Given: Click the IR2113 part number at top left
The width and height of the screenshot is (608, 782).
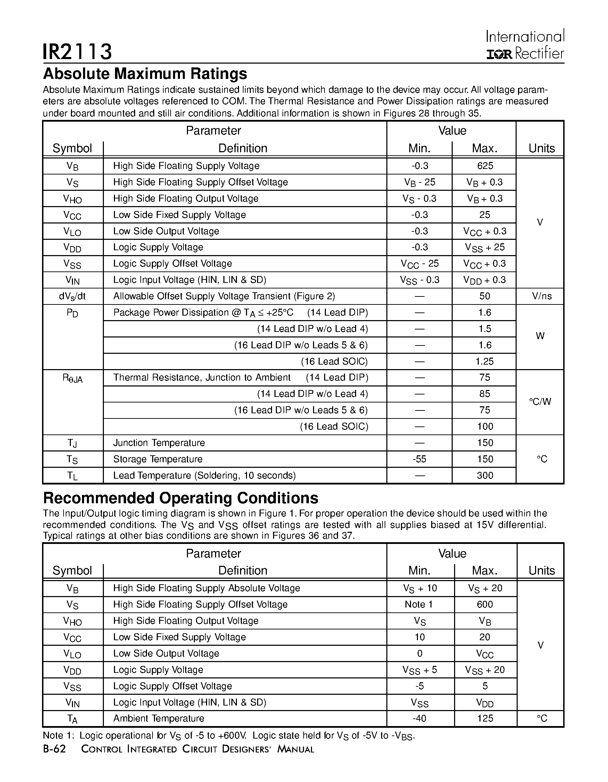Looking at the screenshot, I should point(77,51).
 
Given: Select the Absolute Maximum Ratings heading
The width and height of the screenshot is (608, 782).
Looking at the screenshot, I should point(145,74).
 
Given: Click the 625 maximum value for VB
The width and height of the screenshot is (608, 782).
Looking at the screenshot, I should point(485,166).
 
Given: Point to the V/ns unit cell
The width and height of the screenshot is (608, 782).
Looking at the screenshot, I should point(541,296).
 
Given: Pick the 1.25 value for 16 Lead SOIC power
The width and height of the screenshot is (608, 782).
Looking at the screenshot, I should point(485,361).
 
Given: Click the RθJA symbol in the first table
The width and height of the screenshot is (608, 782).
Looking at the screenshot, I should point(72,378).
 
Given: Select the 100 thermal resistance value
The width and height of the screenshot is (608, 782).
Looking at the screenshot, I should point(485,426).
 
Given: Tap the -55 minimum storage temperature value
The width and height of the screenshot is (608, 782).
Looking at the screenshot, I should point(419,459).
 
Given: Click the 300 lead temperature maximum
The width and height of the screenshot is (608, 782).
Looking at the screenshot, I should point(485,475).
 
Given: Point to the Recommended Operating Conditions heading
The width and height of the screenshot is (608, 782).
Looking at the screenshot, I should point(181,498).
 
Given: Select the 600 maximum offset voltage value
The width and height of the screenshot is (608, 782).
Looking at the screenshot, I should point(485,604).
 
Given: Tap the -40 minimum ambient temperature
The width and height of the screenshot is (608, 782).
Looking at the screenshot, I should point(419,718).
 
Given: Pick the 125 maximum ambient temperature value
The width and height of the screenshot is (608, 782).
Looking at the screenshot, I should point(485,718).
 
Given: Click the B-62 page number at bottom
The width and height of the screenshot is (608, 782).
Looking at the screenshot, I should point(55,749).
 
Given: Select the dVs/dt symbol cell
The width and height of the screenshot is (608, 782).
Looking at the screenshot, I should point(72,296).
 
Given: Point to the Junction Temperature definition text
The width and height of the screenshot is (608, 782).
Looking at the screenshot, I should point(159,443).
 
